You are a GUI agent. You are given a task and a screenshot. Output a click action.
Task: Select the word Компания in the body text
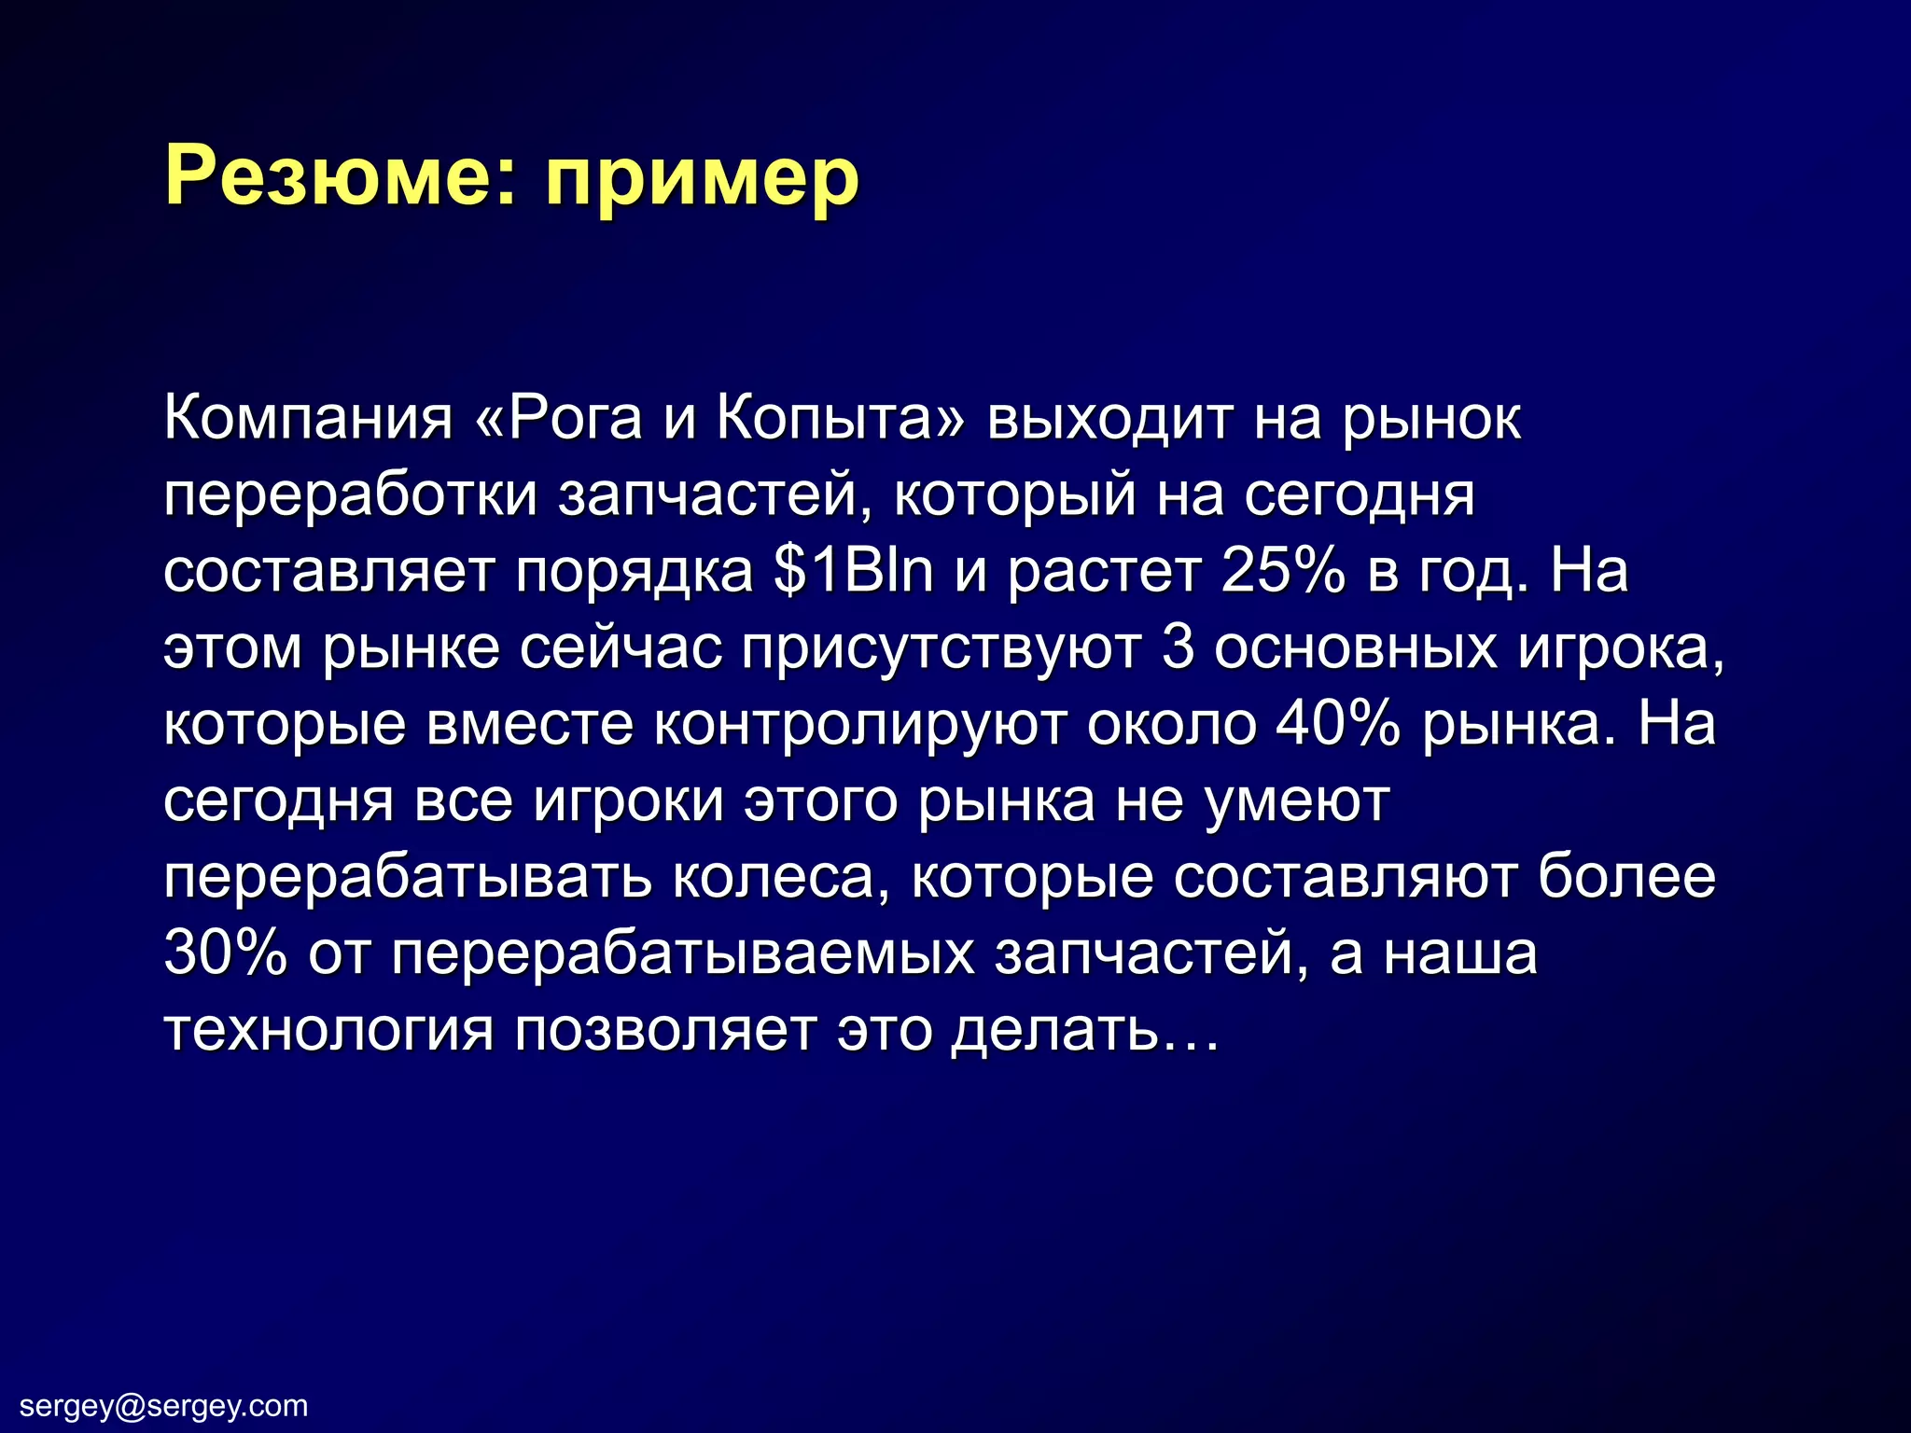[308, 419]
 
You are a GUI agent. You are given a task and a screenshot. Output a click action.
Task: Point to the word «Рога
[559, 419]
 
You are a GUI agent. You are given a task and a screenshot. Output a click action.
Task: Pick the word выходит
[1109, 419]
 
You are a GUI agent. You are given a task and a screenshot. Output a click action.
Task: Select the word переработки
[351, 496]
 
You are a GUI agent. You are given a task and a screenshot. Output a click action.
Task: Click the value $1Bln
[853, 571]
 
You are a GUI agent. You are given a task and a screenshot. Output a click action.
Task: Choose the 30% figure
[225, 953]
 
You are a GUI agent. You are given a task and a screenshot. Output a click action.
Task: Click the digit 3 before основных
[1179, 647]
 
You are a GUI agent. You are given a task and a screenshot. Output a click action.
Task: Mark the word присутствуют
[941, 649]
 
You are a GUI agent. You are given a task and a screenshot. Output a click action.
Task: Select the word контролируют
[858, 726]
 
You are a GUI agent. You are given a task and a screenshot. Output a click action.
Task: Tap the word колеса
[780, 878]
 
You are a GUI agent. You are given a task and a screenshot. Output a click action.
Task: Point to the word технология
[328, 1031]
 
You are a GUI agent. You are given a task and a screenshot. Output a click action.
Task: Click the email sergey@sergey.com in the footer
[164, 1405]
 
